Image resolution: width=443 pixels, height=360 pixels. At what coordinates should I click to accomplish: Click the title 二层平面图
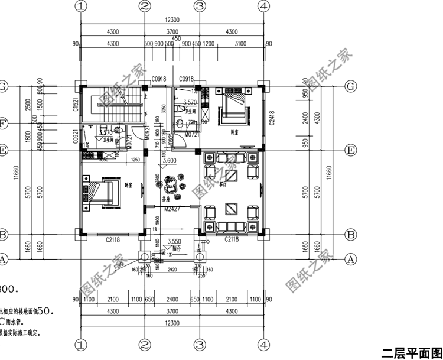(411, 353)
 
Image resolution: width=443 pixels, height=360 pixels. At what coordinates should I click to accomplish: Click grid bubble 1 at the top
(81, 6)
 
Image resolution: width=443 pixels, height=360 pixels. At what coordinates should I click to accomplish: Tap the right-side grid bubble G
(351, 86)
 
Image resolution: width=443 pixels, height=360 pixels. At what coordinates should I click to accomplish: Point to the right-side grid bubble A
(351, 259)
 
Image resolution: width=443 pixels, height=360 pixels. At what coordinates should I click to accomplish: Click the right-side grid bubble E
(351, 150)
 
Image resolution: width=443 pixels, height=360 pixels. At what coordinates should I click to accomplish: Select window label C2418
(272, 119)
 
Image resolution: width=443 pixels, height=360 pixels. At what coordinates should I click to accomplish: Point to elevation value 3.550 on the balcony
(174, 241)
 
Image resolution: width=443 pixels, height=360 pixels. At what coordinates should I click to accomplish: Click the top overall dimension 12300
(172, 21)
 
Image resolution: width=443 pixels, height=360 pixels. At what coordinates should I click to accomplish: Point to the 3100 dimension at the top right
(240, 44)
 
